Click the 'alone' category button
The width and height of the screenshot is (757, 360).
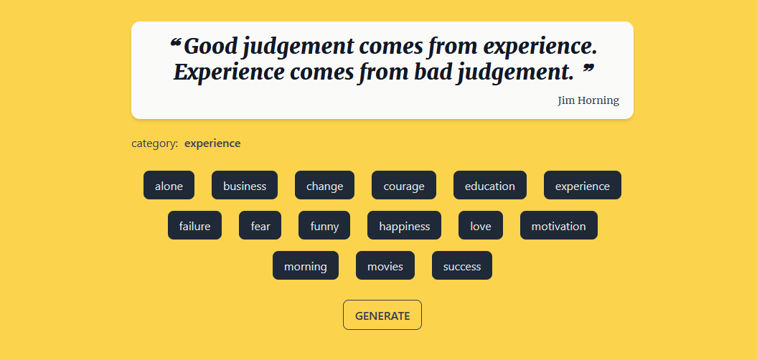pyautogui.click(x=169, y=186)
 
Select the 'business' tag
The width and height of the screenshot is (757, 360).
pyautogui.click(x=245, y=186)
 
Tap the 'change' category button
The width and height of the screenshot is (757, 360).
pyautogui.click(x=324, y=186)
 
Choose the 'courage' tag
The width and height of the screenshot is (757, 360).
pyautogui.click(x=403, y=186)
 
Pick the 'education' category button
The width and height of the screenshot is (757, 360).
pyautogui.click(x=489, y=186)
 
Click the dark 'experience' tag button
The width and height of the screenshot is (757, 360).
pyautogui.click(x=582, y=186)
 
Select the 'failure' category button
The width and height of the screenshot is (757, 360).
pyautogui.click(x=194, y=226)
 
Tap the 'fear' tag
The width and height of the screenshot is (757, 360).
pyautogui.click(x=260, y=226)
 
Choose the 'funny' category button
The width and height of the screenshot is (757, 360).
pyautogui.click(x=324, y=226)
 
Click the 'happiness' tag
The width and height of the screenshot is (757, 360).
pyautogui.click(x=404, y=226)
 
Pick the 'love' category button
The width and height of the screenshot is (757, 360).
pyautogui.click(x=480, y=226)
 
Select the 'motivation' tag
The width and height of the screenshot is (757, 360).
pyautogui.click(x=558, y=226)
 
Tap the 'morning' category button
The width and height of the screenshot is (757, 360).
pyautogui.click(x=306, y=266)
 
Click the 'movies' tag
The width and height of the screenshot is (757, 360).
pyautogui.click(x=385, y=266)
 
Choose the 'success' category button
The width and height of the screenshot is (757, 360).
pyautogui.click(x=461, y=266)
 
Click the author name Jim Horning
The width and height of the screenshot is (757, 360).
pyautogui.click(x=588, y=100)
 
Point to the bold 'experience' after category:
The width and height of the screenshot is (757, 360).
pyautogui.click(x=212, y=143)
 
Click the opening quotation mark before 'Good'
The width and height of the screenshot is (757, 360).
pyautogui.click(x=175, y=44)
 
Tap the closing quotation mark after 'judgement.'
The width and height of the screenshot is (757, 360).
pyautogui.click(x=588, y=69)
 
